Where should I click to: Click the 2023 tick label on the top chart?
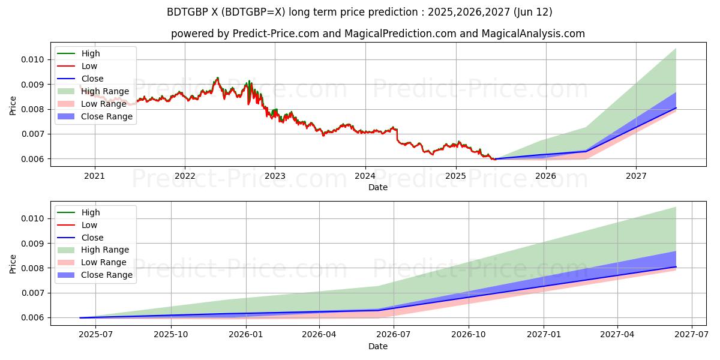275,176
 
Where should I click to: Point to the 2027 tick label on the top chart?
636,176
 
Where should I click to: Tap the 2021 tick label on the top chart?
94,176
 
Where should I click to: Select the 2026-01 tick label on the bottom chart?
245,335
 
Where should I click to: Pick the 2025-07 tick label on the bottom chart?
97,335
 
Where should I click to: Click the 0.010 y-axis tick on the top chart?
31,59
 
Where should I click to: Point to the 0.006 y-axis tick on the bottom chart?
31,318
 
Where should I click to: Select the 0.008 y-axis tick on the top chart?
31,109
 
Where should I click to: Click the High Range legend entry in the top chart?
105,91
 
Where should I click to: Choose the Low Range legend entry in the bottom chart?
104,262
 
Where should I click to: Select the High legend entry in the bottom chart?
91,212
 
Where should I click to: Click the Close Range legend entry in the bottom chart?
107,275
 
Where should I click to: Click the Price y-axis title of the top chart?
13,106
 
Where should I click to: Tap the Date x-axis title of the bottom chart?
378,346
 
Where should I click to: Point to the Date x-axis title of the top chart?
378,187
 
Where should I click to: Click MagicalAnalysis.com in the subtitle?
533,34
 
